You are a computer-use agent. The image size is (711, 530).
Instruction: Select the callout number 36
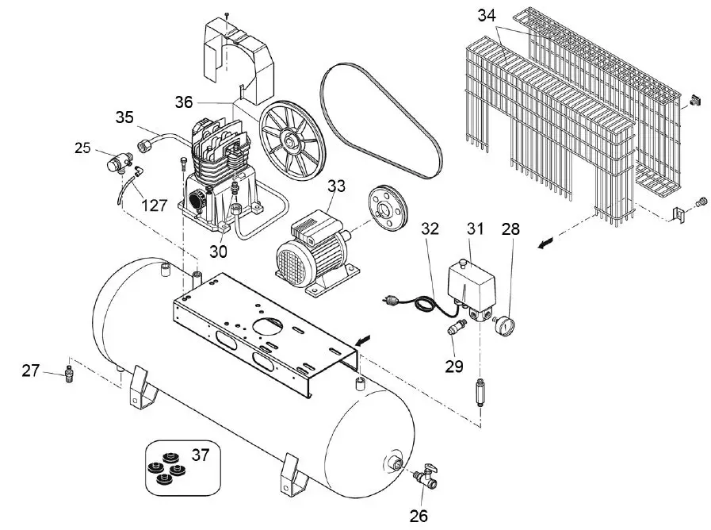[x=184, y=102]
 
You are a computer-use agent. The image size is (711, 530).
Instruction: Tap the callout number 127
[x=153, y=205]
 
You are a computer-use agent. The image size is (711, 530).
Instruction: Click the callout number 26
[x=419, y=515]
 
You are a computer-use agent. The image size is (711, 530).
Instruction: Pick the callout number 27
[x=30, y=370]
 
